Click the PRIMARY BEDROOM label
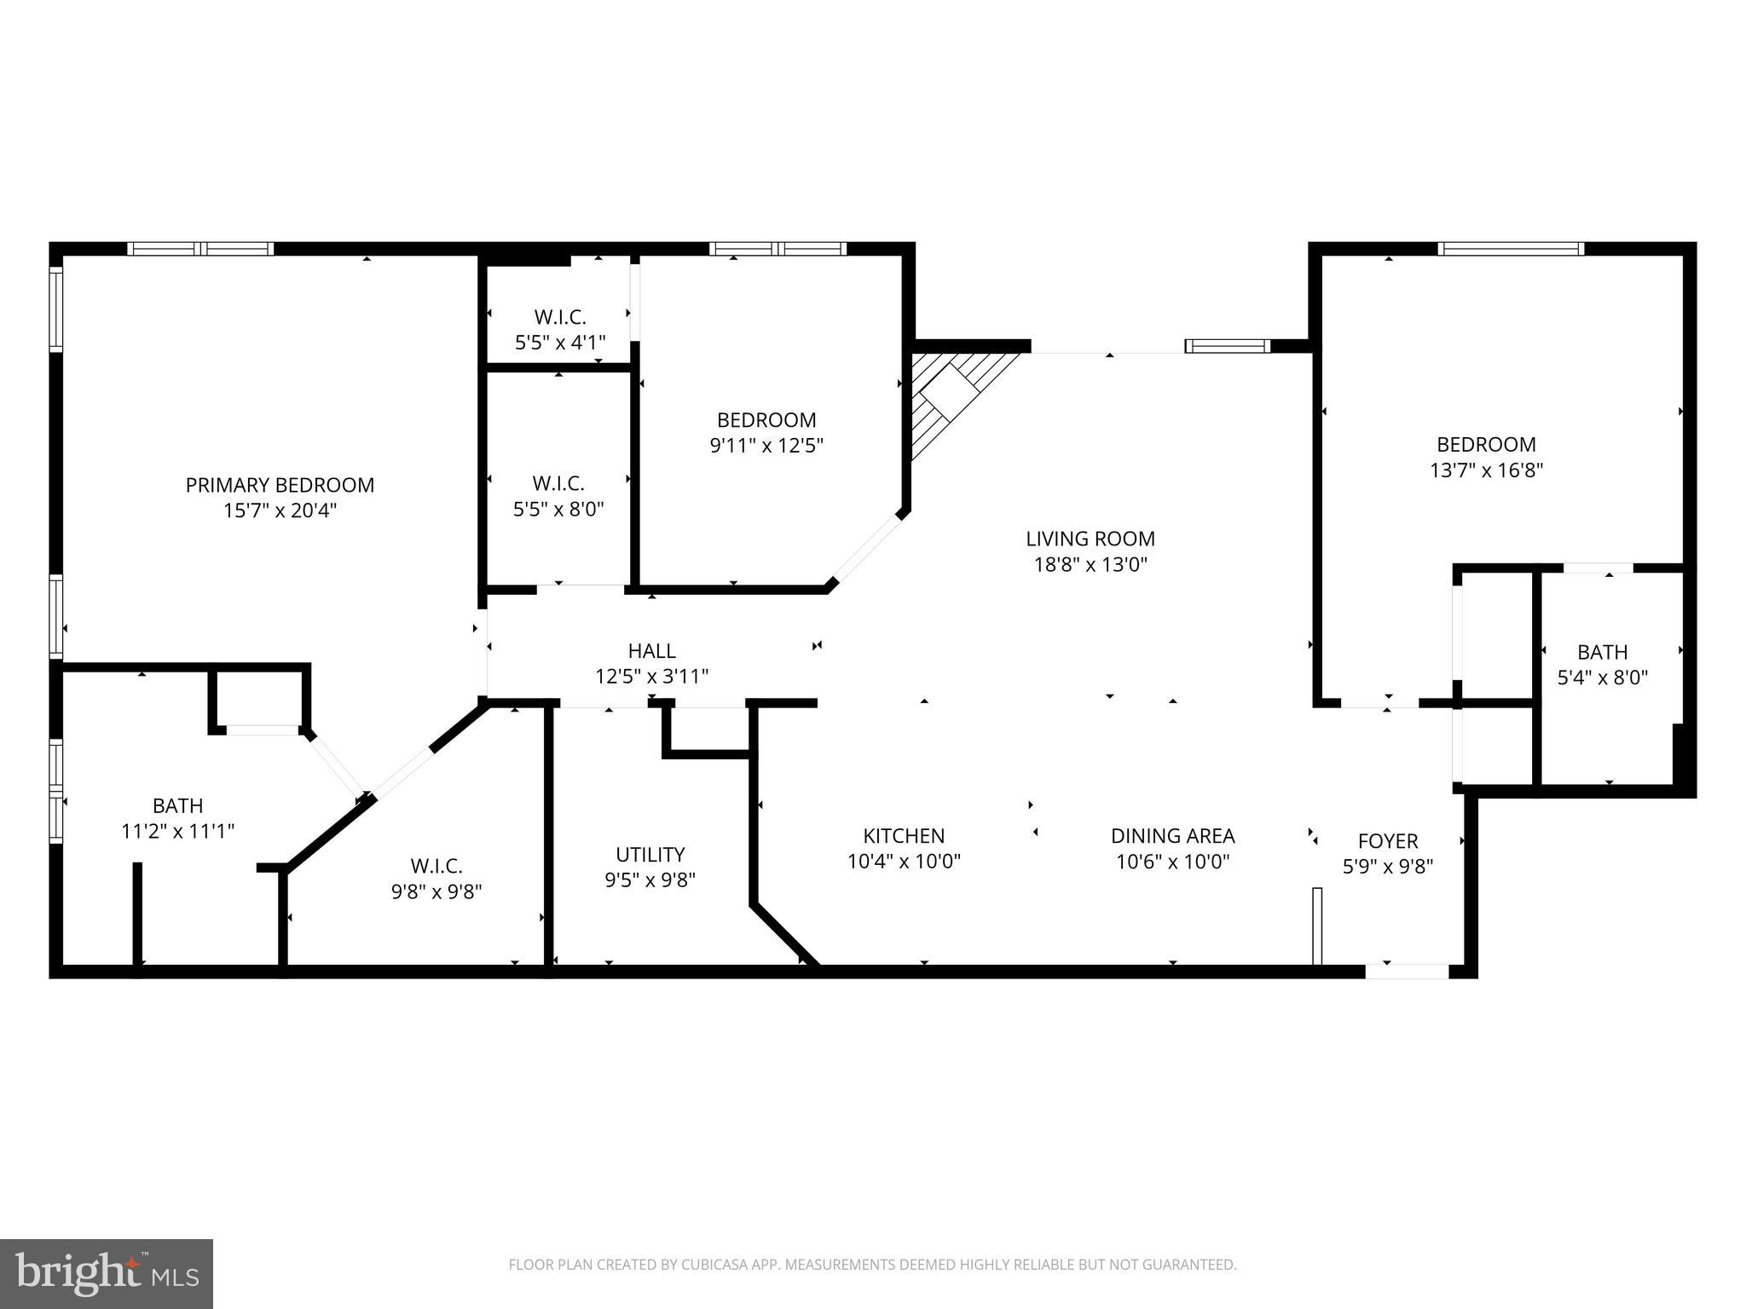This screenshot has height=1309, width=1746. [280, 485]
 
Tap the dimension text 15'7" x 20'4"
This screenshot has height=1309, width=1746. [280, 510]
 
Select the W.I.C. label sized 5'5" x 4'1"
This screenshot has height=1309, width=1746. [560, 317]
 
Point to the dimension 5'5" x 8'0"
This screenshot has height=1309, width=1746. [558, 510]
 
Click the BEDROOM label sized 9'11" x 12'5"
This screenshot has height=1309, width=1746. [766, 420]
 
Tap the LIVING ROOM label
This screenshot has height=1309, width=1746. [1090, 539]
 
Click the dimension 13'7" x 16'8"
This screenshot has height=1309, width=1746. [1486, 470]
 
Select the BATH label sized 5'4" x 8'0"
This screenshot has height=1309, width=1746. [1602, 652]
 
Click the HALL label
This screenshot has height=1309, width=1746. [652, 651]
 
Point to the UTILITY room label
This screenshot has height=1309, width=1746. [650, 854]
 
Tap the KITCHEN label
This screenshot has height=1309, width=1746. [904, 836]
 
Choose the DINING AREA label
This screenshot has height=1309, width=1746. [1172, 836]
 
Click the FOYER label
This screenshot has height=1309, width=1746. [1388, 841]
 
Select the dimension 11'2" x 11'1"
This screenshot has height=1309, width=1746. [178, 831]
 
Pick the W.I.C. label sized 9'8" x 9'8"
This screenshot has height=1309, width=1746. [436, 866]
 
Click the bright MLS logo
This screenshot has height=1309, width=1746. [107, 1273]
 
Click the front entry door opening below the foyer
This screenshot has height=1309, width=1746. [1407, 971]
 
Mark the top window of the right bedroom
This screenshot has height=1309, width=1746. [1511, 249]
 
